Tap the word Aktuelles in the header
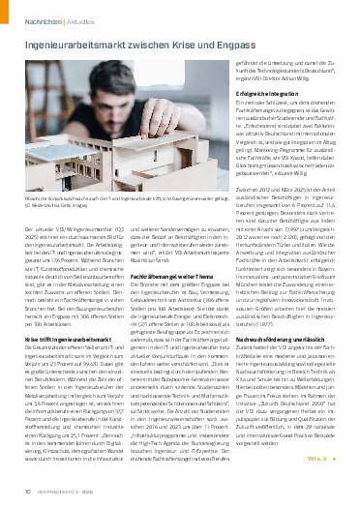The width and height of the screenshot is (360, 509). pos(75,17)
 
